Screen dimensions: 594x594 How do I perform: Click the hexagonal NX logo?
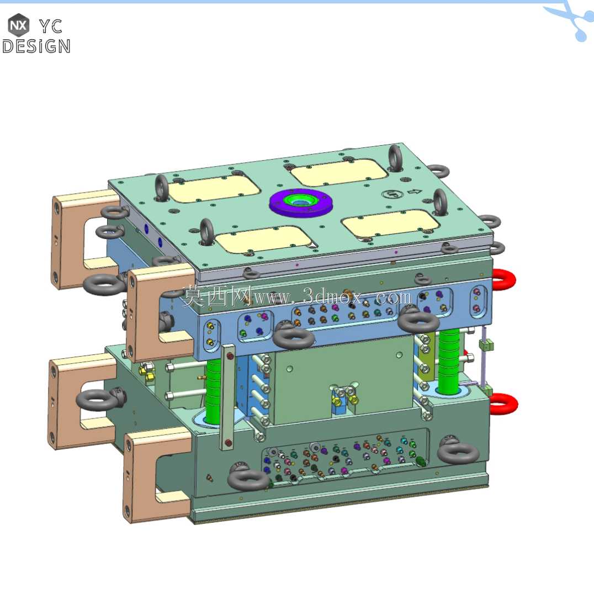coord(18,25)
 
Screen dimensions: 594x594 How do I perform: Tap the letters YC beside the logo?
coord(51,26)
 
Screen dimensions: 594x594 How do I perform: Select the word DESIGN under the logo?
coord(36,46)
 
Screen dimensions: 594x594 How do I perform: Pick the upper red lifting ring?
coord(504,279)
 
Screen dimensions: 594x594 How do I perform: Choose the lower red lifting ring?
coord(504,404)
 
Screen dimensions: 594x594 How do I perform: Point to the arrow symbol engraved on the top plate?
coord(415,192)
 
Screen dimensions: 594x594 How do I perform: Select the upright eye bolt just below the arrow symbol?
coord(440,203)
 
